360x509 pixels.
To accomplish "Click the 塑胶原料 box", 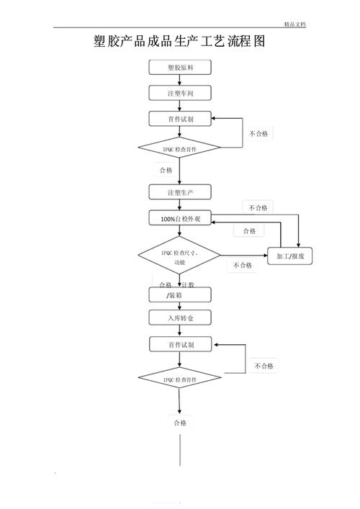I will click(180, 67).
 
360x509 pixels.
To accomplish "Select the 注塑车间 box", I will click(180, 93).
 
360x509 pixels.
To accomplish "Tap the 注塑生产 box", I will click(180, 192).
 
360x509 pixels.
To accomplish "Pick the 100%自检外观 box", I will click(180, 218).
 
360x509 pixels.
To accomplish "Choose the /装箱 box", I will click(180, 294).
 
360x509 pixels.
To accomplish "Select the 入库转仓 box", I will click(180, 317).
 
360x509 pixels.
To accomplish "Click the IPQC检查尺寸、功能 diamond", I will click(179, 256).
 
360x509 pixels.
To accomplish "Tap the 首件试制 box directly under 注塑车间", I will click(180, 119).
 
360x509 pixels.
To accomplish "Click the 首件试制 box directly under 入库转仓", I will click(180, 345).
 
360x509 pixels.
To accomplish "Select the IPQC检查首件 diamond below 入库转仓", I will click(179, 379).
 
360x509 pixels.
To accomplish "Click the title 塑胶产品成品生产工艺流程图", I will click(180, 42).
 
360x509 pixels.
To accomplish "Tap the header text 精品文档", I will click(294, 24).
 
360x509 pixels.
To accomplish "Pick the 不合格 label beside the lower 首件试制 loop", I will click(264, 366).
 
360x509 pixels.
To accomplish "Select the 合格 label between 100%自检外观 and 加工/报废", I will click(248, 230).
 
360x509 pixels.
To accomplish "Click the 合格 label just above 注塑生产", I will click(166, 170).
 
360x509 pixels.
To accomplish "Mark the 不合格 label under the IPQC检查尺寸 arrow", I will click(242, 265).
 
